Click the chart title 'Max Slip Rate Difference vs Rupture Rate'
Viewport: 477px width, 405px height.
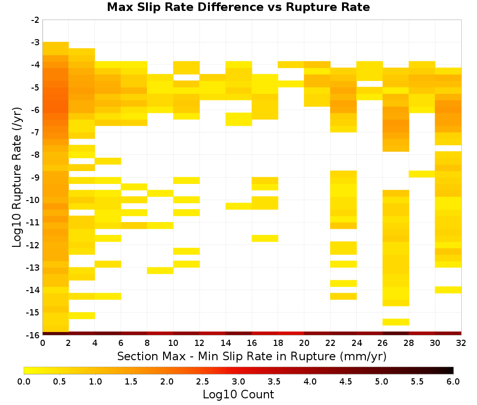238,7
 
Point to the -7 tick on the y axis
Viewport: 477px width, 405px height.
35,132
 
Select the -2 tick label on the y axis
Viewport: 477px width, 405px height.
35,20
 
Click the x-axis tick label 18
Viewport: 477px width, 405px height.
278,343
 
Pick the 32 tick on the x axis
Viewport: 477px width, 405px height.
461,343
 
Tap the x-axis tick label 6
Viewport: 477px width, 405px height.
121,343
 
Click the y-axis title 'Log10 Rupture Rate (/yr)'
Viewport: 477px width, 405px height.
17,177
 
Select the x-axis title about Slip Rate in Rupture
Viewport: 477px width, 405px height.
252,356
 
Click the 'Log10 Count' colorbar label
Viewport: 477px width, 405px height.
238,395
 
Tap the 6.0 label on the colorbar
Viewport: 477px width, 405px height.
453,382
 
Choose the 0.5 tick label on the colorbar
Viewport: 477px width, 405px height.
59,382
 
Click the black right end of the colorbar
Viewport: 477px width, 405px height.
452,370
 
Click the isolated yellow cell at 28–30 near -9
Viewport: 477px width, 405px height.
422,174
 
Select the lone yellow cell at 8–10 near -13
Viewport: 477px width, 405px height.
160,271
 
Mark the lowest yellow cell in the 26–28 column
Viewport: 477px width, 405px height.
396,322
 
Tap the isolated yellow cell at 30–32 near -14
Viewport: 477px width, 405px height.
448,290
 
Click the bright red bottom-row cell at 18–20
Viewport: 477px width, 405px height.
291,334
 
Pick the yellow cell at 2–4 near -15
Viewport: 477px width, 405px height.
82,316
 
